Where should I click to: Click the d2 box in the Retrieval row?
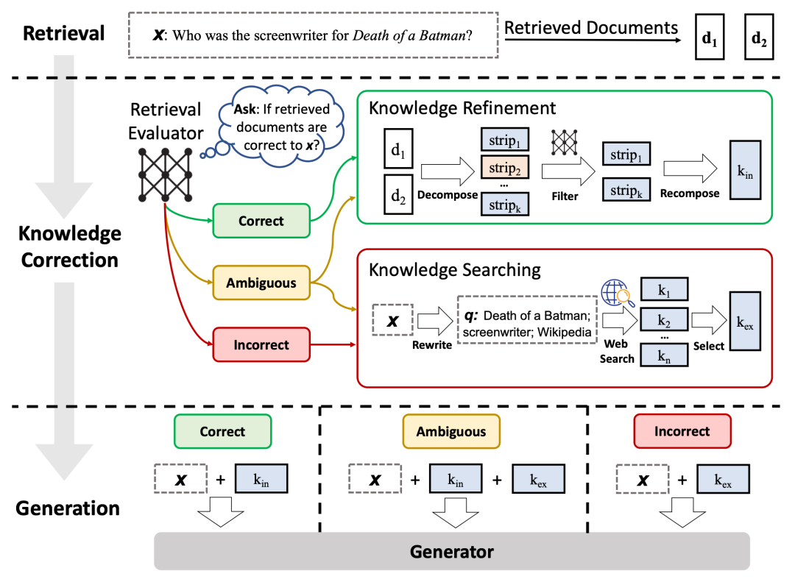(759, 37)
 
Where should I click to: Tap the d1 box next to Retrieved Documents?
(710, 37)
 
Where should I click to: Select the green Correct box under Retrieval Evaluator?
(261, 221)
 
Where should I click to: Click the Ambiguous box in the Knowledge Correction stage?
(261, 283)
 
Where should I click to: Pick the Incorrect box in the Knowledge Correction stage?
(261, 344)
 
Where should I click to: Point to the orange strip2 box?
(504, 168)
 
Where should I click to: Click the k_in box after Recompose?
(745, 170)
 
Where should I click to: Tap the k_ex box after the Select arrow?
(745, 321)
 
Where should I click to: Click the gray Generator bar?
(452, 551)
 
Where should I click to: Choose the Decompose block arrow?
(448, 171)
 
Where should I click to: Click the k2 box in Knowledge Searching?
(664, 320)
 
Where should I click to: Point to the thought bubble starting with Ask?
(282, 127)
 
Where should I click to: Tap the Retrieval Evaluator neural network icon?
(166, 174)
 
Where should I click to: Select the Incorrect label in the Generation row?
(682, 431)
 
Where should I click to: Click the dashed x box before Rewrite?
(392, 320)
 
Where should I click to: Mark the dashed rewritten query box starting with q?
(527, 320)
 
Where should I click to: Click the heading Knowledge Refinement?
(462, 108)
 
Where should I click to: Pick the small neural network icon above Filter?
(565, 142)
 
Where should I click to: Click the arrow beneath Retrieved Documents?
(593, 40)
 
